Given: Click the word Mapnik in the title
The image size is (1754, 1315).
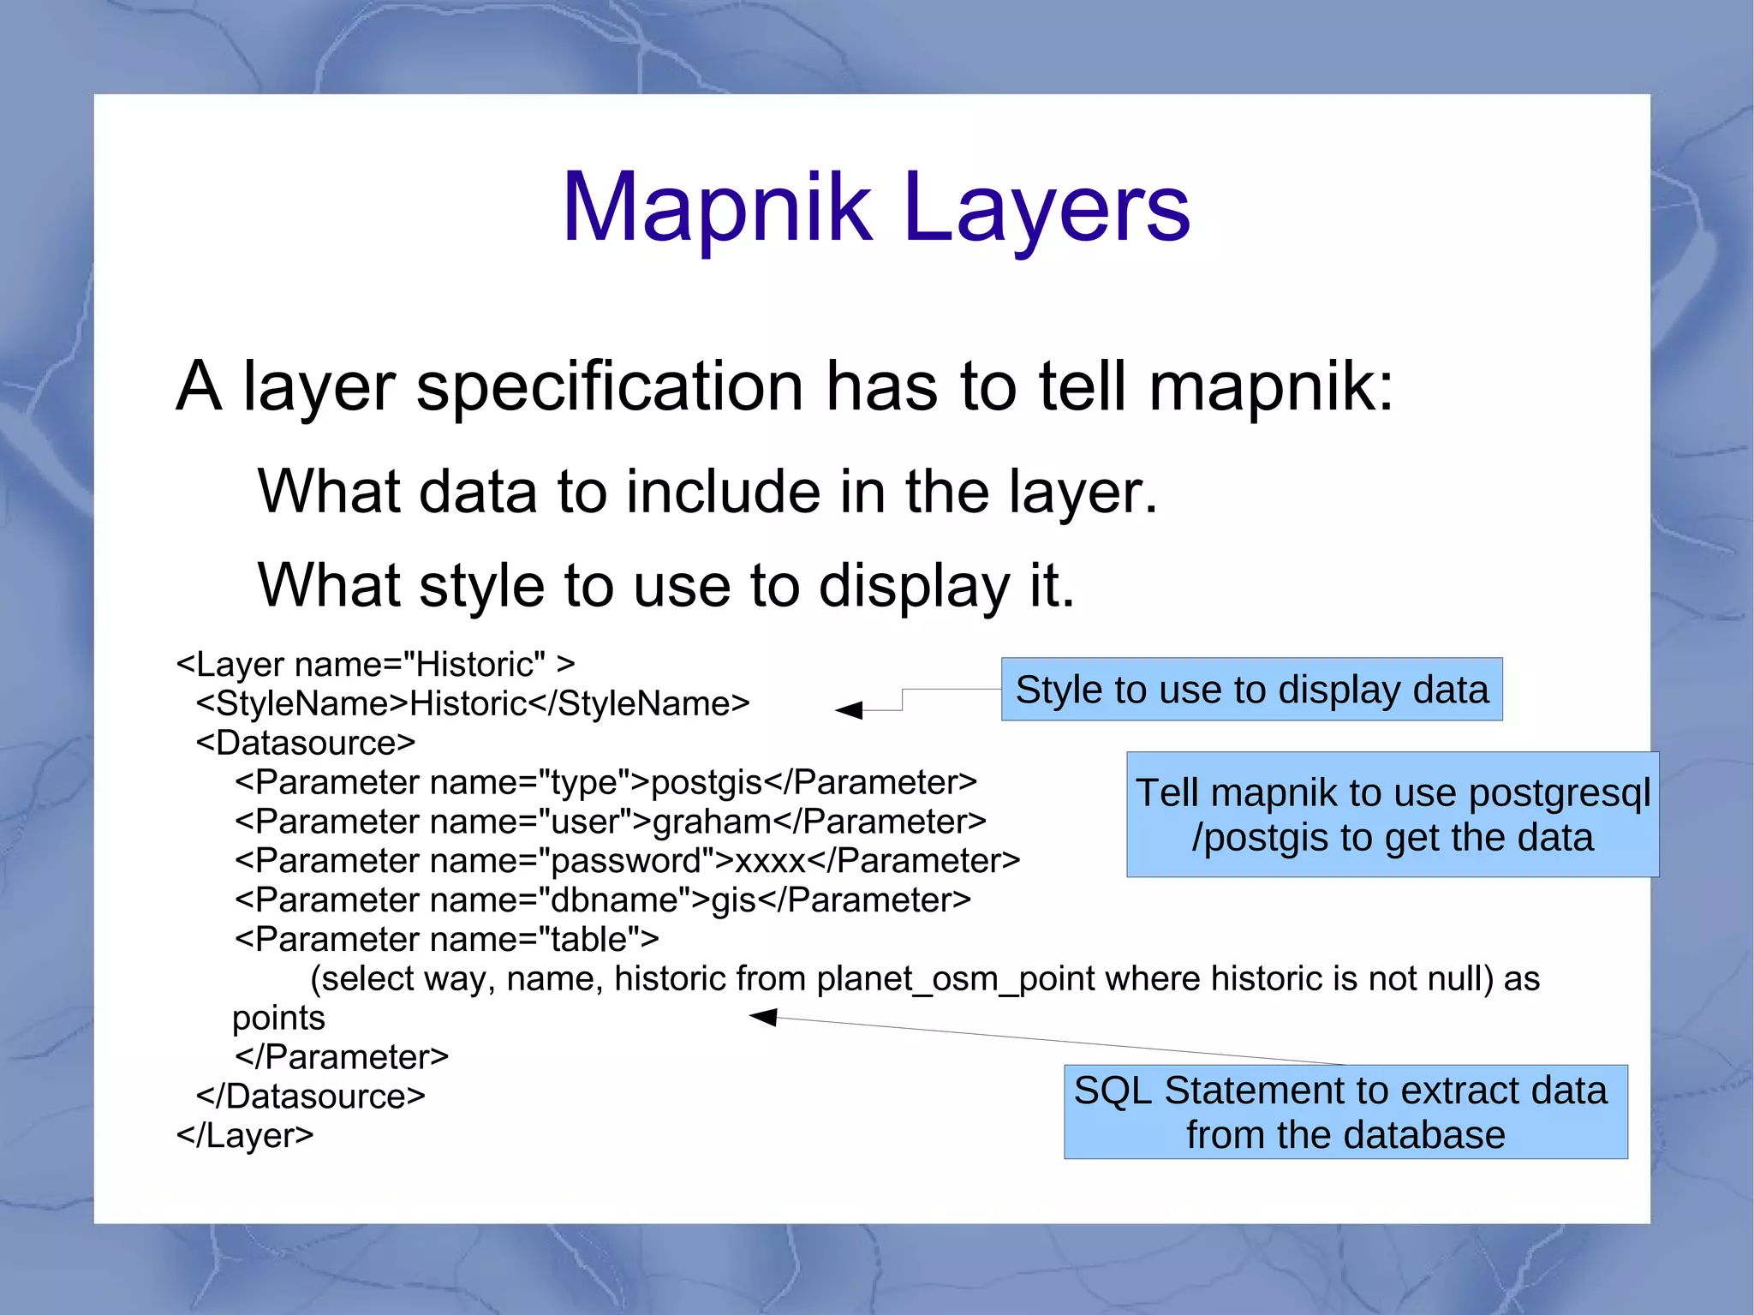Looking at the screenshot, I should pos(716,207).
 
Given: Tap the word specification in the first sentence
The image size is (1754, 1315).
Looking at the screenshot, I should pos(609,387).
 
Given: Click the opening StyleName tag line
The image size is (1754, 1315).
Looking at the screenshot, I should pos(472,704).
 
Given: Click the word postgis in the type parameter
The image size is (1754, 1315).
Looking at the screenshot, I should pos(707,782).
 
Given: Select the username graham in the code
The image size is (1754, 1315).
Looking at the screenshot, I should pos(712,822).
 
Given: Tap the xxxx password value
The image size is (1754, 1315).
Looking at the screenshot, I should pos(771,861).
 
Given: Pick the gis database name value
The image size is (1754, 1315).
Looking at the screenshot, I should pos(733,900).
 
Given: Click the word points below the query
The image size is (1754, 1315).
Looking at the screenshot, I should pos(279,1019).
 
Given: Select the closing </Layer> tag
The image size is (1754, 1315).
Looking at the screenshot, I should pos(245,1136).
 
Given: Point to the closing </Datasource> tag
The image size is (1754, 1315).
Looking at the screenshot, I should pos(310,1097).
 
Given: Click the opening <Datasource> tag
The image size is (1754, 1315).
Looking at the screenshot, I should pos(305,743).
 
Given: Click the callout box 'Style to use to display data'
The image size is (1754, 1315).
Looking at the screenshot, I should pos(1251,690).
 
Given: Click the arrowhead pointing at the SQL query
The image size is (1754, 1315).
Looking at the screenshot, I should pos(763,1017).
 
